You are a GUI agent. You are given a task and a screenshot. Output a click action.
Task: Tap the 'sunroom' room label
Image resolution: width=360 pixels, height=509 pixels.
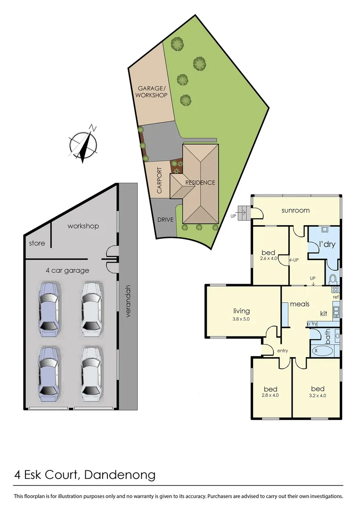[295, 210]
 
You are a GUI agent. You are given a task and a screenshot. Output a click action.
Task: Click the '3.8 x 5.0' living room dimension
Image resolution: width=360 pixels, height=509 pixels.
[241, 319]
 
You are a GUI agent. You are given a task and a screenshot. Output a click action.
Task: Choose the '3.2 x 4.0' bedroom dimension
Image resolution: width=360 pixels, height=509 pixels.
[318, 395]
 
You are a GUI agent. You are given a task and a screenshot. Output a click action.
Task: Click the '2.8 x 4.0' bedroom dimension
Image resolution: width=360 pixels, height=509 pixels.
[270, 395]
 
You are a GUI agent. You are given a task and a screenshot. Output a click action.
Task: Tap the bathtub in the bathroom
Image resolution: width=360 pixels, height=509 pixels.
[322, 350]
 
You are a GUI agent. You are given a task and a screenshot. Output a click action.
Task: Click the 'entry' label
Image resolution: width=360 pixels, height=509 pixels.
[283, 351]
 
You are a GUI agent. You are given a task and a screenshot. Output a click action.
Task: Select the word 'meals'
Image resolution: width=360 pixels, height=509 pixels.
[300, 304]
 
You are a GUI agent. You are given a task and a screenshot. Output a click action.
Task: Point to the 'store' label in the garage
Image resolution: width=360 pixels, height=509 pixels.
[37, 243]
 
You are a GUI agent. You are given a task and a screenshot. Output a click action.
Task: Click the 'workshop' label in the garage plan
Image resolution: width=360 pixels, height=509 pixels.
[83, 226]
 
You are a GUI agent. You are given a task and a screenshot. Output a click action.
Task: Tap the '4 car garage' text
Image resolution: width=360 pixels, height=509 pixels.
[67, 271]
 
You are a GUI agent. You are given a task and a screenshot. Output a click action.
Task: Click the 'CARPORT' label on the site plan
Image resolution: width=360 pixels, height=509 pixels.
[159, 181]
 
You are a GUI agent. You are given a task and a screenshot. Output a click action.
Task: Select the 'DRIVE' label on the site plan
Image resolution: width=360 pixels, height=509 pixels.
[166, 220]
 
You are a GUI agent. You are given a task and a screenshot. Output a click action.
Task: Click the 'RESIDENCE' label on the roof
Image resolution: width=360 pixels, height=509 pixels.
[200, 182]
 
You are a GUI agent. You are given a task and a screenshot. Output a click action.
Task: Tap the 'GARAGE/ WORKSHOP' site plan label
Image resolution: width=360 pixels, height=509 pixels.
[152, 91]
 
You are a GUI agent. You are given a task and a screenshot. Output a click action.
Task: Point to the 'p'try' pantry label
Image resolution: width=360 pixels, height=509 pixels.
[312, 324]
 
